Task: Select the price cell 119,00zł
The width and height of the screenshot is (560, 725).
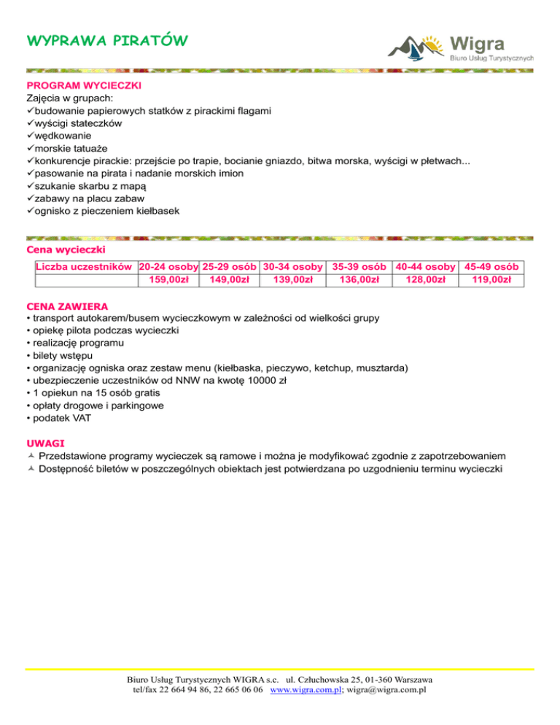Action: click(491, 279)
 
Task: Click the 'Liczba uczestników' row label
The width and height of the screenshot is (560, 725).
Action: click(84, 266)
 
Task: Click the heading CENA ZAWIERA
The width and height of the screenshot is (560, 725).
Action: click(67, 306)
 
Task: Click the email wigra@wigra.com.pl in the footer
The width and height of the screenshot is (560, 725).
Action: click(387, 689)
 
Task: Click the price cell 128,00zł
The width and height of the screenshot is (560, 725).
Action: click(424, 279)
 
